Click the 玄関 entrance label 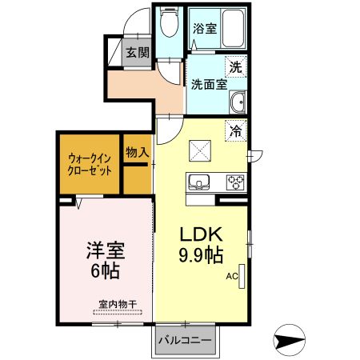point(138,54)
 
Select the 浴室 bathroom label point(204,28)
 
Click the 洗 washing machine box point(237,66)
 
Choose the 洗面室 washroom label point(208,83)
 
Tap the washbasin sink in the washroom point(238,101)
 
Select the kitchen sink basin point(198,180)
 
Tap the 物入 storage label point(136,151)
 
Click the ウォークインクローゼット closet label point(89,164)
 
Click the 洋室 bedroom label point(103,250)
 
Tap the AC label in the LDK point(232,277)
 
